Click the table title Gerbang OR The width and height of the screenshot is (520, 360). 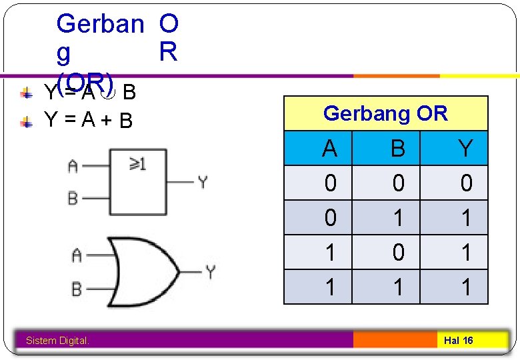(385, 113)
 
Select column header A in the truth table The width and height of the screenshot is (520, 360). (329, 148)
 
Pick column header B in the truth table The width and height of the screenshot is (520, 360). (397, 148)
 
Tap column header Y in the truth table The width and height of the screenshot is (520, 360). (465, 148)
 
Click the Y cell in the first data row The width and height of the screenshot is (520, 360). (465, 183)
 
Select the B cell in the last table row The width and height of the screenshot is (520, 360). (397, 287)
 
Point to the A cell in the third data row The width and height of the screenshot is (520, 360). (329, 252)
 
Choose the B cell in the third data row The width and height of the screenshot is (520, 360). (397, 252)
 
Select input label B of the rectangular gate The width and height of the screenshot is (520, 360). (73, 198)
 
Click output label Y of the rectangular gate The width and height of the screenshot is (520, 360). (203, 181)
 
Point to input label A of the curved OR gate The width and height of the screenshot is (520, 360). (77, 255)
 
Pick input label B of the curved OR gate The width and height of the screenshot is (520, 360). (77, 289)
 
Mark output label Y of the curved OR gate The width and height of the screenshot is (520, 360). (211, 272)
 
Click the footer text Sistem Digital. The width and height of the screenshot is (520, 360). (57, 341)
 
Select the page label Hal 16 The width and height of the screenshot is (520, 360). (459, 341)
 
